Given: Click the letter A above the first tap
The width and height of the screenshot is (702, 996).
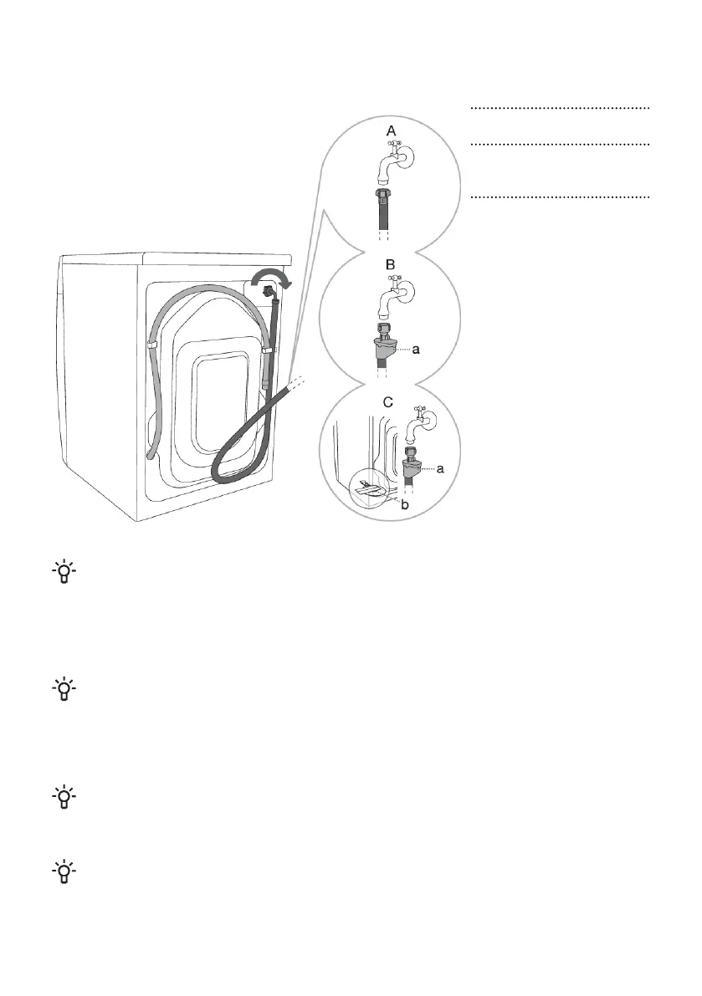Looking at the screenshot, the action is click(390, 130).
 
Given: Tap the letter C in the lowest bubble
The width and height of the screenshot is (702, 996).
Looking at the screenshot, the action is click(387, 401).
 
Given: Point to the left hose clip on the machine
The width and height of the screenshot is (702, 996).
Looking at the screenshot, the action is click(152, 344).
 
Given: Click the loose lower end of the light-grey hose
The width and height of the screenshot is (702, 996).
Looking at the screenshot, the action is click(150, 454).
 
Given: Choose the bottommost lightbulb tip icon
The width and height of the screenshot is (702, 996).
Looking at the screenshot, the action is click(64, 874).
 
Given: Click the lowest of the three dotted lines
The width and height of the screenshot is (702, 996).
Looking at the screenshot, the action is click(560, 198).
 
